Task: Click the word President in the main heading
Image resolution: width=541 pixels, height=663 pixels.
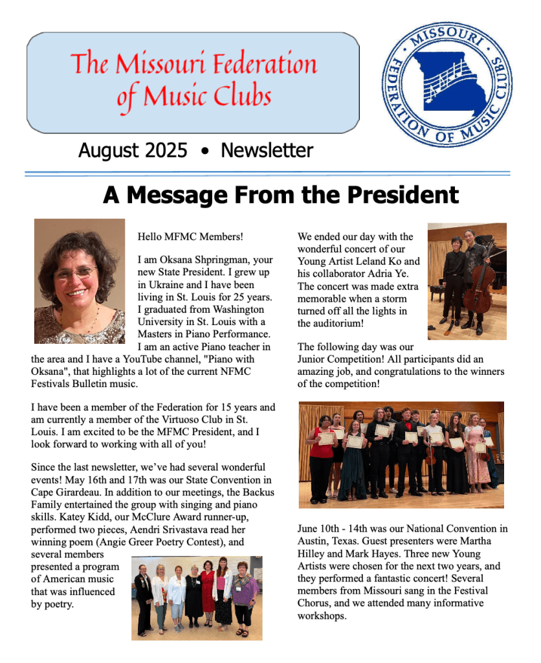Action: click(x=397, y=194)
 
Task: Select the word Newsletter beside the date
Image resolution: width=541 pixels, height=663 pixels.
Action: click(x=267, y=151)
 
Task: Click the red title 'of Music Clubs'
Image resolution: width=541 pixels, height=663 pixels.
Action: click(x=193, y=97)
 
